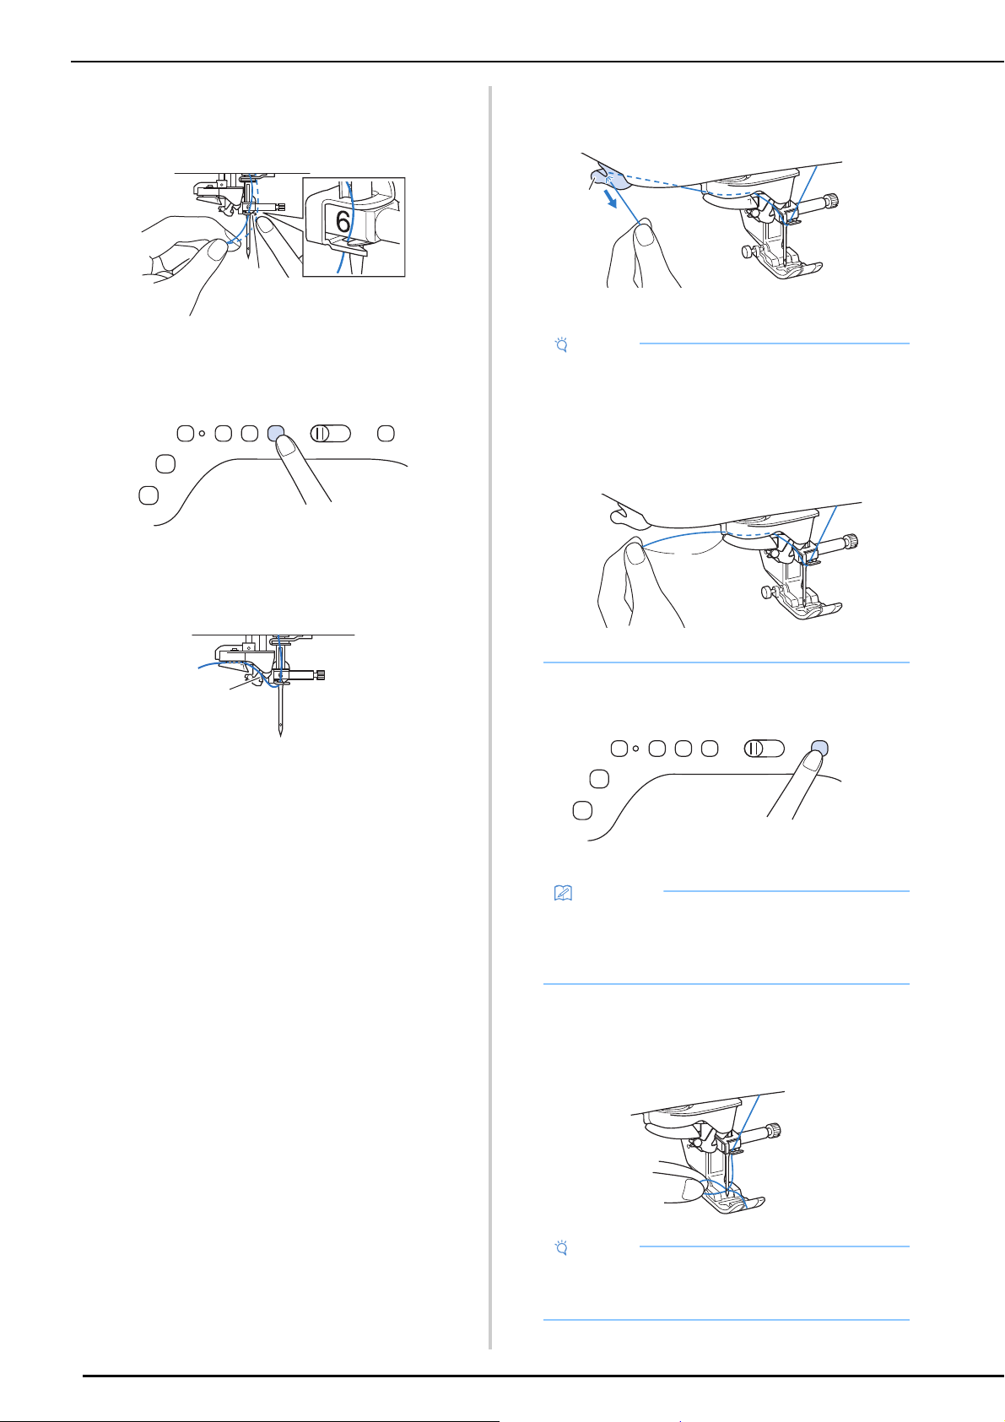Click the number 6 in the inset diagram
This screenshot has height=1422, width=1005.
click(343, 222)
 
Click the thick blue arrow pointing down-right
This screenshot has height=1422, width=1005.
click(610, 200)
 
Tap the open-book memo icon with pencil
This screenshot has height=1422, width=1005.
click(563, 893)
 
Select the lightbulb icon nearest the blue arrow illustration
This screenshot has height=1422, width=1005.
click(561, 345)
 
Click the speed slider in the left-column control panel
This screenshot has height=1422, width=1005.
click(330, 434)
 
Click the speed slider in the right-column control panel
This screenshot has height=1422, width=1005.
click(765, 749)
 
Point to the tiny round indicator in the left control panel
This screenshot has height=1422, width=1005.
click(202, 434)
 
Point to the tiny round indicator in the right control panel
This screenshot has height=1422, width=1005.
click(635, 749)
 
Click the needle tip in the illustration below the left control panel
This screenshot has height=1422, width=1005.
click(281, 734)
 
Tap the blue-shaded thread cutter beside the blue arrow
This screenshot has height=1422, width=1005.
click(609, 180)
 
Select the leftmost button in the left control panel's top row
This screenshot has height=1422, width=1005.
click(186, 434)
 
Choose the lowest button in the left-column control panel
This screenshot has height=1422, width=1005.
click(149, 495)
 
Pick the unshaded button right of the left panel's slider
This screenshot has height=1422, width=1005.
click(386, 434)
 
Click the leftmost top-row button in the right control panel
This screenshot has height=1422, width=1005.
click(619, 749)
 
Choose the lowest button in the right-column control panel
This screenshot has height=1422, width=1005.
click(582, 811)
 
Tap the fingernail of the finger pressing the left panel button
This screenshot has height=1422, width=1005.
click(287, 447)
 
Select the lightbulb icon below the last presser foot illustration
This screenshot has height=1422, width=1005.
click(561, 1248)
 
